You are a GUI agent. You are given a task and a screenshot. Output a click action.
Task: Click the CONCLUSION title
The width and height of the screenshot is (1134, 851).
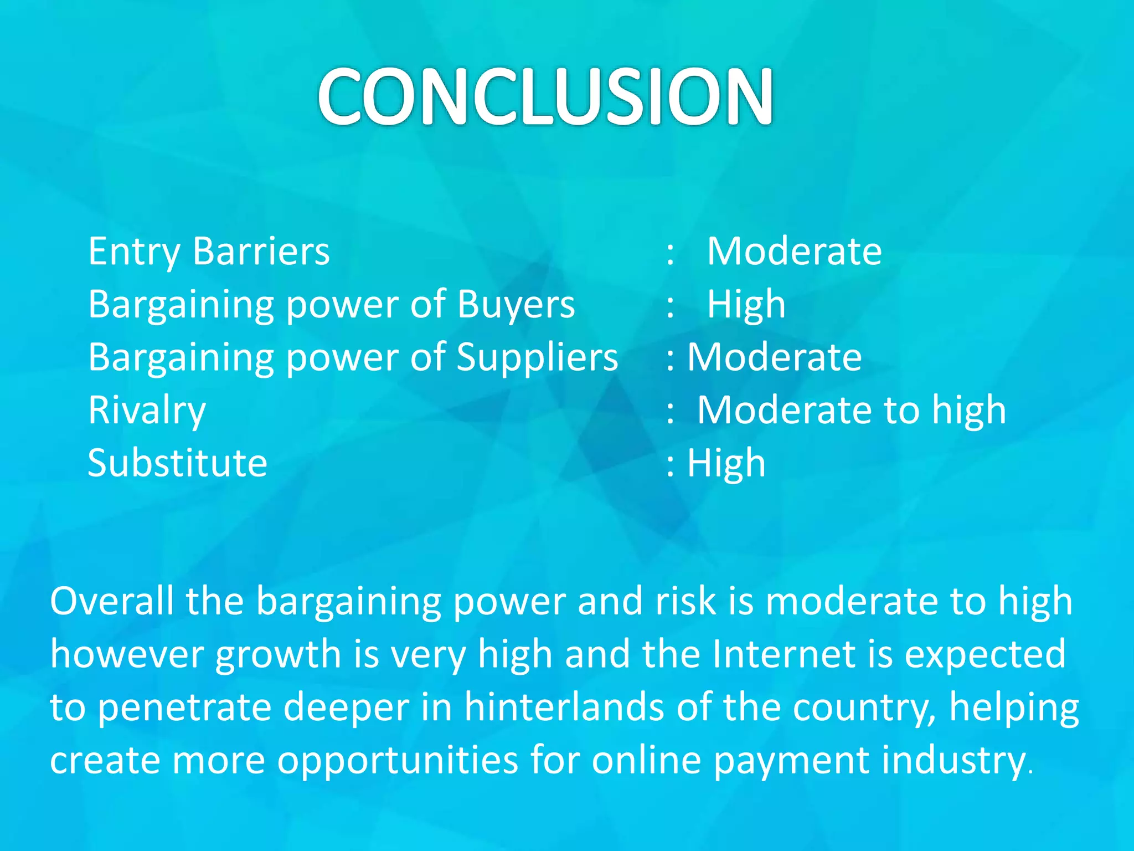coord(545,95)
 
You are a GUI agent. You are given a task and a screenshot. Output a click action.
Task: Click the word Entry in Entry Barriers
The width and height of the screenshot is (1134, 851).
coord(133,252)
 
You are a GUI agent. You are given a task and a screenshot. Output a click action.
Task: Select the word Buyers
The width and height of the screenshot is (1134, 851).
coord(516,305)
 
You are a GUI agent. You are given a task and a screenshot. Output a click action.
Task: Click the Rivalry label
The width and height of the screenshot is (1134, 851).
coord(147,411)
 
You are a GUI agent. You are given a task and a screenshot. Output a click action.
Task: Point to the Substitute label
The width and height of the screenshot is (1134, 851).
coord(177,463)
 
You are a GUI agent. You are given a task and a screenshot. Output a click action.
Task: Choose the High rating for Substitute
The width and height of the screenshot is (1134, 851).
coord(726,463)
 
